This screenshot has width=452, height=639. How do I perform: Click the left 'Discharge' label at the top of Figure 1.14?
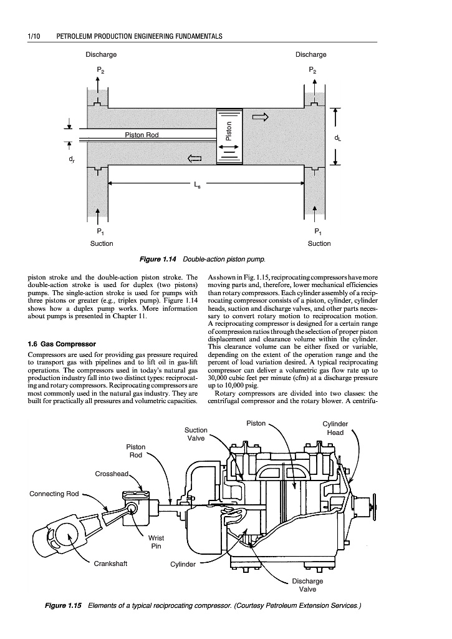point(101,54)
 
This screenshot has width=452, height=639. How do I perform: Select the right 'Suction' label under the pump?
point(319,243)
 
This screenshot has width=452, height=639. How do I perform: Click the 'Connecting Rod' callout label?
point(54,494)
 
